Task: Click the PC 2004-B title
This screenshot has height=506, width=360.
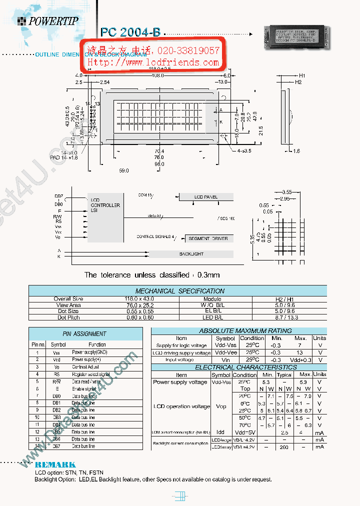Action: coord(130,32)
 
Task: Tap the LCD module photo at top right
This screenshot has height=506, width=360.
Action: coord(295,38)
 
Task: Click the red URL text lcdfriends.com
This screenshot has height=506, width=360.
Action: coord(153,62)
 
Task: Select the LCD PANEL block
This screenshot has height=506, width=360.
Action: coord(206,197)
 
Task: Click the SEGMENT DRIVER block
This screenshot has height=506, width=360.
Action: coord(208,238)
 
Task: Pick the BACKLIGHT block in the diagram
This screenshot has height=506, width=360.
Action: coord(191,254)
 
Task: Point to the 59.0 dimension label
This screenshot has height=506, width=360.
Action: coord(123,170)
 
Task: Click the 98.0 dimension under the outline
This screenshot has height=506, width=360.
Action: coord(159,164)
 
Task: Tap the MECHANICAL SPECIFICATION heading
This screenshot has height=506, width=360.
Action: coord(180,291)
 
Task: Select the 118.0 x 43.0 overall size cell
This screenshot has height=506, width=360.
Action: coord(68,298)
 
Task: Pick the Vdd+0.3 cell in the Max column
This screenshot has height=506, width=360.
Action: coord(300,359)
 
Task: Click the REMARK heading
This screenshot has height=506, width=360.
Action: coord(55,464)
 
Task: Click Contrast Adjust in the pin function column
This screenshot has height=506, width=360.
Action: coord(86,366)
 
